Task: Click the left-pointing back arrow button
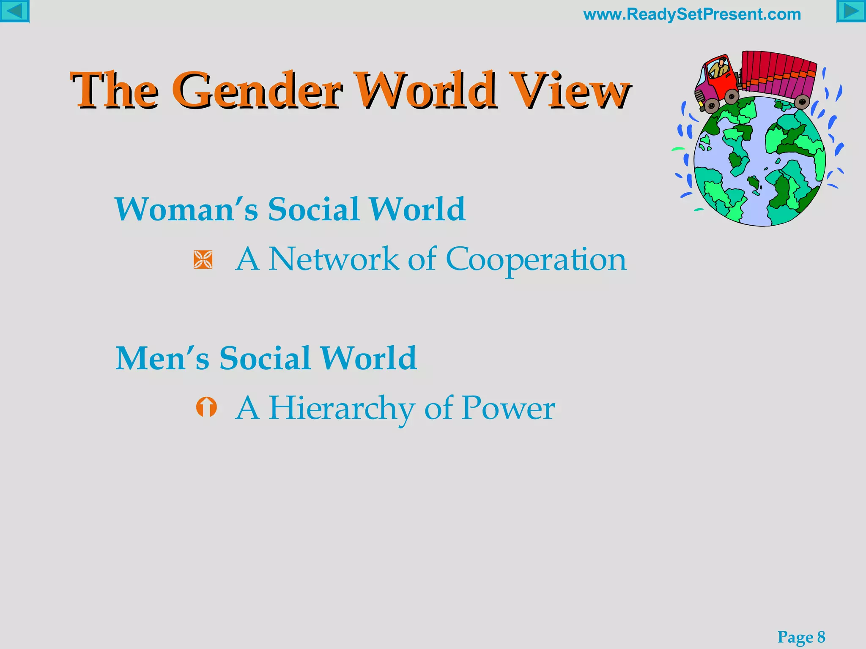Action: tap(14, 11)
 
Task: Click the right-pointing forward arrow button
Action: tap(851, 11)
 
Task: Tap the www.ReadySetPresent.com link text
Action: tap(692, 14)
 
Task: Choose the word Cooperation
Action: tap(536, 259)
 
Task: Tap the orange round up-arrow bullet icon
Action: tap(206, 407)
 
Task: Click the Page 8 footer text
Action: tap(801, 637)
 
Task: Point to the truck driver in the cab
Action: tap(718, 67)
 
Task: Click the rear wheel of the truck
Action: tap(802, 102)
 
